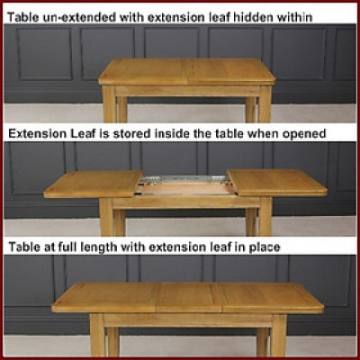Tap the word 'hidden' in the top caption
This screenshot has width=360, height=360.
(254, 17)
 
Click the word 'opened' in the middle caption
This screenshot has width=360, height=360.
(303, 134)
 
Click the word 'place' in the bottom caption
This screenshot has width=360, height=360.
(265, 247)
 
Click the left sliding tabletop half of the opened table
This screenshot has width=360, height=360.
(94, 184)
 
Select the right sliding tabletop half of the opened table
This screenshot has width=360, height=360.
(277, 183)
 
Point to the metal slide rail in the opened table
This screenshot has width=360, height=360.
(185, 179)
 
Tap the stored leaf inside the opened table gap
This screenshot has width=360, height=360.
(185, 189)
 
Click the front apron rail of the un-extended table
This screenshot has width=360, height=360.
(187, 91)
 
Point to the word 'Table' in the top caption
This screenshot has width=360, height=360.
(22, 17)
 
